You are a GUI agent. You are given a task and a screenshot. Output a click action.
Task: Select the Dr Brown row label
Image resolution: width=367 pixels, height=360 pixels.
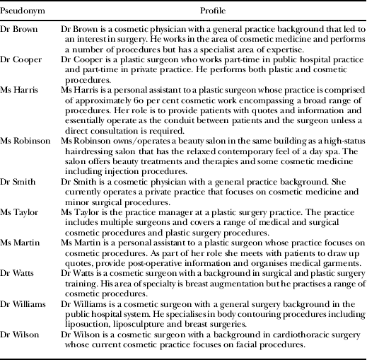tap(19, 28)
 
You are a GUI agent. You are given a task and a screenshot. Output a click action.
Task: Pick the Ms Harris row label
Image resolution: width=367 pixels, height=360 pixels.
tap(20, 91)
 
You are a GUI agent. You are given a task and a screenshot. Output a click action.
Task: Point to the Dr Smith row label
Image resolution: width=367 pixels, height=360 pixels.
tap(18, 181)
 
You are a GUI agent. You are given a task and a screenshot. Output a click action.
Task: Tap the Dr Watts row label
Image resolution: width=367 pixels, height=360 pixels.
tap(19, 281)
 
